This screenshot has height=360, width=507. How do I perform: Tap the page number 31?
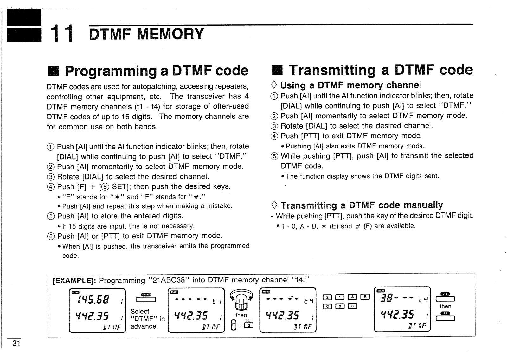16,343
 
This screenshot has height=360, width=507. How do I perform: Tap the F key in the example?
234,325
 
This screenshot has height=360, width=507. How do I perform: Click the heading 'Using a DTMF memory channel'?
351,85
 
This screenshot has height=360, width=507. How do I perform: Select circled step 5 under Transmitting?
274,156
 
